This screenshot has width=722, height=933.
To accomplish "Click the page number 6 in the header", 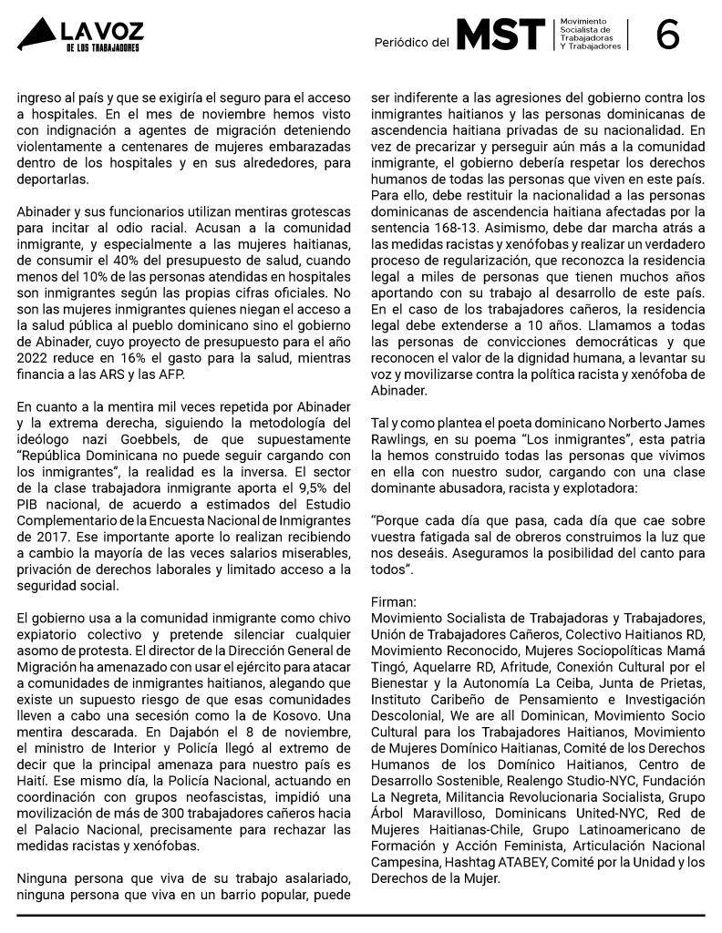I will [x=667, y=35].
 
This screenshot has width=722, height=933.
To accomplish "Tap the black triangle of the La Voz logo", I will [x=36, y=36].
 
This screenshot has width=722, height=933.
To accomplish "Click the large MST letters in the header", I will [x=500, y=35].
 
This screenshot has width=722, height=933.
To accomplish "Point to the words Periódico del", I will [x=412, y=42].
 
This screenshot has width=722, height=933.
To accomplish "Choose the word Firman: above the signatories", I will [x=394, y=602].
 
